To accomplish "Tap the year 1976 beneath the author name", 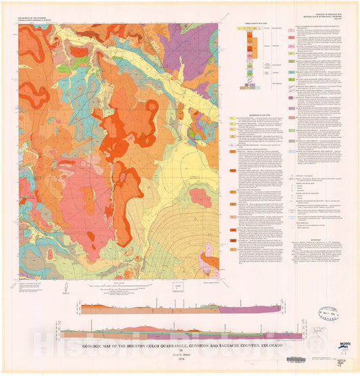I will [180, 359].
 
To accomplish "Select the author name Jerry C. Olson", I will [180, 353].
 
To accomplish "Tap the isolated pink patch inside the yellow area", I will [201, 197].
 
